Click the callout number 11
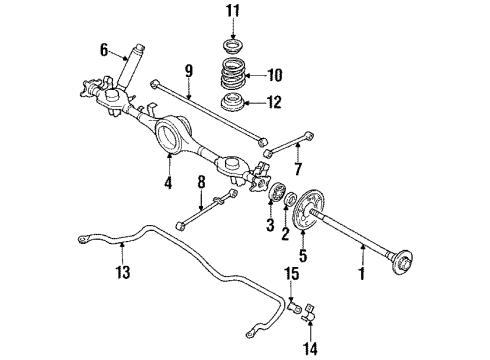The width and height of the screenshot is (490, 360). point(233,11)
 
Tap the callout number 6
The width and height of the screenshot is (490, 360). point(104,51)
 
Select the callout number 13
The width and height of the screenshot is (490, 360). point(123,272)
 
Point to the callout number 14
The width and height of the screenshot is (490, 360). point(310,348)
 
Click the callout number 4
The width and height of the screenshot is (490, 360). point(168,183)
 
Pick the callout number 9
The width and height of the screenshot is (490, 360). point(189,71)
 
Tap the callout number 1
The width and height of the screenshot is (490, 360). point(361,273)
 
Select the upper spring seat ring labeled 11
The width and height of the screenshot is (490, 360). point(233,46)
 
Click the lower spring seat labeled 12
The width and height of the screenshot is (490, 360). point(233,102)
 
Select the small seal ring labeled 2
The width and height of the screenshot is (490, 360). point(290,198)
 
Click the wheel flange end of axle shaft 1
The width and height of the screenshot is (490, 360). point(403,263)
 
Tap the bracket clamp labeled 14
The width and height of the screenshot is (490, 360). point(309,313)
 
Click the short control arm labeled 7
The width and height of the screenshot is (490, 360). point(289,144)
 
